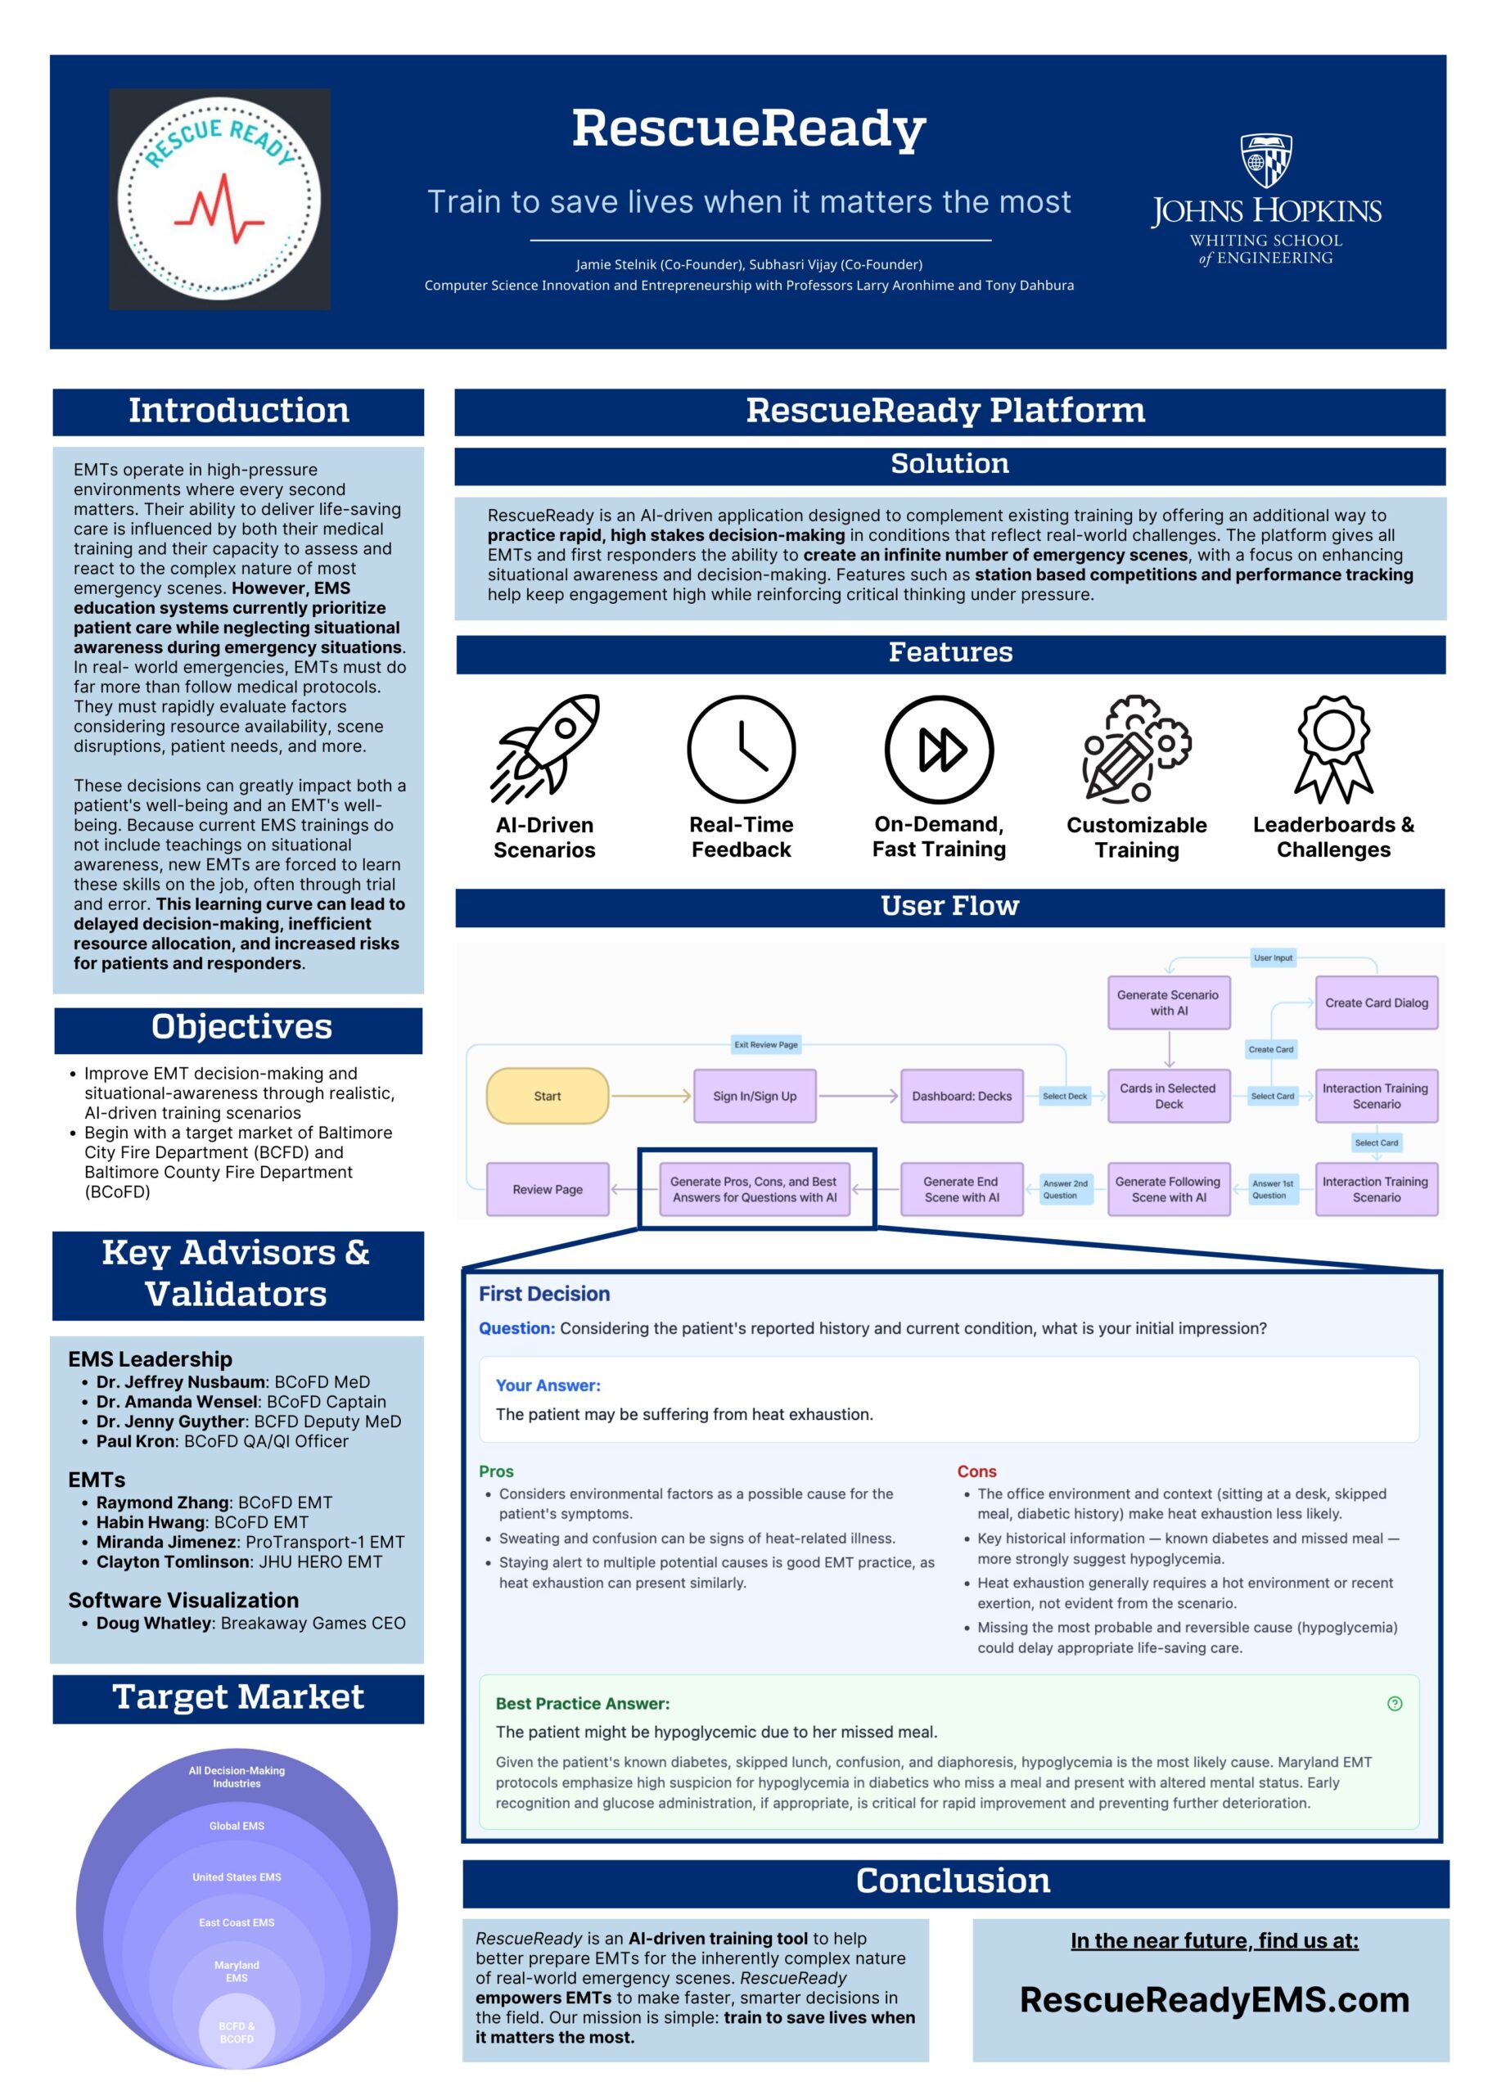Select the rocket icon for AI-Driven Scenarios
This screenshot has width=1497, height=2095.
545,749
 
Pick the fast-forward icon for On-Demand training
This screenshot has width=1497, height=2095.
940,749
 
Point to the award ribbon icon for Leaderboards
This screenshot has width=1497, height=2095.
1334,750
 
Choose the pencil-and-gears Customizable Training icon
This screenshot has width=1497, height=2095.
1137,749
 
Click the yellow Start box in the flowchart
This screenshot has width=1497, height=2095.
548,1096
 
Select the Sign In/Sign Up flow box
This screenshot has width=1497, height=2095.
755,1096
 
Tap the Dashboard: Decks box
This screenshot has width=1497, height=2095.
962,1096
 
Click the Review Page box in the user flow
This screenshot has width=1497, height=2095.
548,1189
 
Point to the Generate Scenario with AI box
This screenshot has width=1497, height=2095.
1169,1002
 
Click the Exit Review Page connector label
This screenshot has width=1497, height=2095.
766,1044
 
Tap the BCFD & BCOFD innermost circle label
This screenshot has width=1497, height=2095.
237,2032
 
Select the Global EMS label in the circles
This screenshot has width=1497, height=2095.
237,1826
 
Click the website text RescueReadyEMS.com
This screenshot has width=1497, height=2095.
1214,2000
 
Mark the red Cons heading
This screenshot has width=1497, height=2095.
976,1472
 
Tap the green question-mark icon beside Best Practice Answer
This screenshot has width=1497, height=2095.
1395,1703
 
